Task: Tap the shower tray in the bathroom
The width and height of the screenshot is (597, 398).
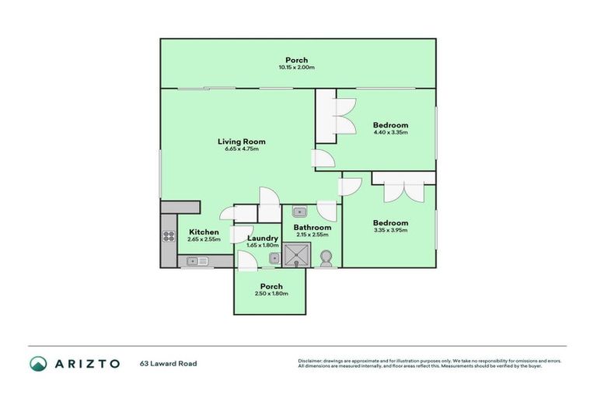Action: pyautogui.click(x=297, y=253)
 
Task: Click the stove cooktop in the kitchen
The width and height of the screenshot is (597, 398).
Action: pyautogui.click(x=169, y=236)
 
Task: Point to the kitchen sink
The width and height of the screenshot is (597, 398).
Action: pyautogui.click(x=194, y=261)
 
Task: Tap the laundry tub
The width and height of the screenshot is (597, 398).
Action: pyautogui.click(x=273, y=258)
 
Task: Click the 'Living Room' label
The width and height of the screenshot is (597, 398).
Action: pyautogui.click(x=241, y=141)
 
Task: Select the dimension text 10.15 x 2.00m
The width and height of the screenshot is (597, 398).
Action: pyautogui.click(x=296, y=68)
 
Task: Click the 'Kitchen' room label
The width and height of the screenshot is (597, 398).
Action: pyautogui.click(x=204, y=232)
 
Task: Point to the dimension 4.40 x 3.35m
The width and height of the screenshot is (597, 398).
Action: pyautogui.click(x=390, y=132)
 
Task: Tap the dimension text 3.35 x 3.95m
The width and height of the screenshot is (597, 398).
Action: pyautogui.click(x=390, y=231)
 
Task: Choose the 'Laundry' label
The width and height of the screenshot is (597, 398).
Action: pyautogui.click(x=263, y=238)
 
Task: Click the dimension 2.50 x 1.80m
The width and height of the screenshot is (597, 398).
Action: pyautogui.click(x=271, y=294)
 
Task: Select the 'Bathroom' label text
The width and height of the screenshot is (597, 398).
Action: pyautogui.click(x=312, y=227)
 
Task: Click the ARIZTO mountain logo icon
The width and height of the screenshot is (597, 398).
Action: pyautogui.click(x=38, y=363)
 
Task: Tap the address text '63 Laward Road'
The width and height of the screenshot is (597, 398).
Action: pyautogui.click(x=169, y=363)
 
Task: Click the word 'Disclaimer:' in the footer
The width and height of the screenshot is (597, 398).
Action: pyautogui.click(x=310, y=361)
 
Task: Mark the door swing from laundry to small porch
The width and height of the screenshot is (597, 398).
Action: pyautogui.click(x=246, y=262)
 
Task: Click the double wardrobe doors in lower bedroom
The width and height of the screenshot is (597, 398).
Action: pyautogui.click(x=403, y=190)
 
